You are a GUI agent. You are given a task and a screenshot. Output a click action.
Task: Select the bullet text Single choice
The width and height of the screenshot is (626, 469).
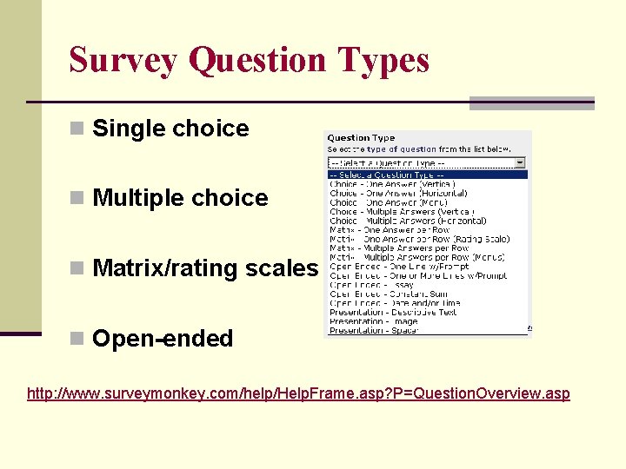[170, 129]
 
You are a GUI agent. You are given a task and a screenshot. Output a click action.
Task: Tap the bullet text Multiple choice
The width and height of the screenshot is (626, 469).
[180, 198]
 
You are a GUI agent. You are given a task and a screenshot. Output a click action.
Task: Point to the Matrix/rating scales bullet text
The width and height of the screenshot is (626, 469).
[205, 268]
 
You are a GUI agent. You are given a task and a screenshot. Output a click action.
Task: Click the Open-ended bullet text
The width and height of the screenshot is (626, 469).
[163, 339]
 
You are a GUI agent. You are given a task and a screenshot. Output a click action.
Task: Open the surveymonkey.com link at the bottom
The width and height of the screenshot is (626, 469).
[298, 393]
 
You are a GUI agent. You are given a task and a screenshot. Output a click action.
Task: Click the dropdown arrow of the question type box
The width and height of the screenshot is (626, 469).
[520, 162]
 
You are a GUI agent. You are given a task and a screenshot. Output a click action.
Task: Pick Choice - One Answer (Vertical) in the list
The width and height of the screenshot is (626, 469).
[391, 184]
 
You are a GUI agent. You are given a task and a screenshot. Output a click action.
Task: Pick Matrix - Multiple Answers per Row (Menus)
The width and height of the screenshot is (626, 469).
[416, 257]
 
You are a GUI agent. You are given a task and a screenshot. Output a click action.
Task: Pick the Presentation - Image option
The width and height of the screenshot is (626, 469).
[373, 321]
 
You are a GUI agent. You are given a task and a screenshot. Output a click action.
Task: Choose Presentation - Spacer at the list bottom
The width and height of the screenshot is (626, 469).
[374, 330]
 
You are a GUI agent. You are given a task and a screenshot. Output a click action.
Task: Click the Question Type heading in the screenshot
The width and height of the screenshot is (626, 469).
[361, 138]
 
